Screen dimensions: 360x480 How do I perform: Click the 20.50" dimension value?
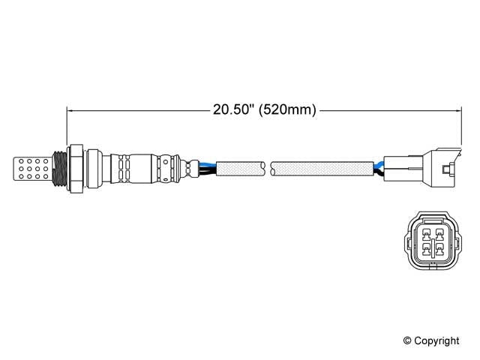pos(230,109)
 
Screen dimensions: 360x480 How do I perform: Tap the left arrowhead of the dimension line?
pos(71,109)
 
